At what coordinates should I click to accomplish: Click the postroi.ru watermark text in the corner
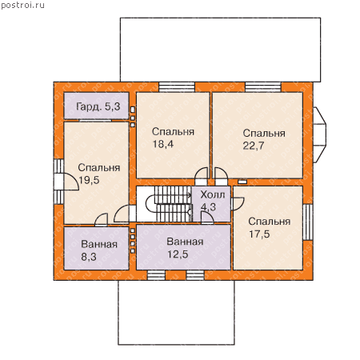[x=22, y=6]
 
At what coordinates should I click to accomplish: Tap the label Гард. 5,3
[x=98, y=106]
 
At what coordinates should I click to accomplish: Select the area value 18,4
[x=163, y=144]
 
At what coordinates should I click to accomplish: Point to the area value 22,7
[x=254, y=146]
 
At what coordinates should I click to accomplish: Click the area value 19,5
[x=89, y=180]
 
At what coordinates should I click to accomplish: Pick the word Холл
[x=213, y=194]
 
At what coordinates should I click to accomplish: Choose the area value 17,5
[x=259, y=234]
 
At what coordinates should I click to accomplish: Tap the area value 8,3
[x=89, y=257]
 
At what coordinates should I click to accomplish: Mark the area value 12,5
[x=178, y=254]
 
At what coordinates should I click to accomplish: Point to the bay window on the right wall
[x=319, y=134]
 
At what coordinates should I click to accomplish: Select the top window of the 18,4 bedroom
[x=177, y=87]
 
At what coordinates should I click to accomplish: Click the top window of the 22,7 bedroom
[x=263, y=87]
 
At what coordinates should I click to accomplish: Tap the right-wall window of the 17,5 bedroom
[x=308, y=222]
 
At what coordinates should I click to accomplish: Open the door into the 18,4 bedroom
[x=202, y=176]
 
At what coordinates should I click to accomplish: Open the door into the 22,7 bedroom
[x=221, y=176]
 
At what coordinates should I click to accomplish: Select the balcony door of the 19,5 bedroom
[x=66, y=182]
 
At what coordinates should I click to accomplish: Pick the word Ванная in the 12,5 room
[x=185, y=242]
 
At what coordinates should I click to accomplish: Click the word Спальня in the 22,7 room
[x=264, y=133]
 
